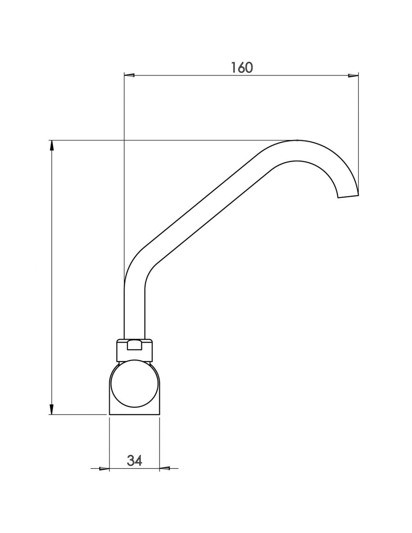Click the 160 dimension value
point(242,67)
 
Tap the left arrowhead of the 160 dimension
point(129,75)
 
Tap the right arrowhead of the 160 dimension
point(353,75)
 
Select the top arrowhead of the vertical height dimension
point(51,145)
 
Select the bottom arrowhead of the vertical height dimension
point(51,409)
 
